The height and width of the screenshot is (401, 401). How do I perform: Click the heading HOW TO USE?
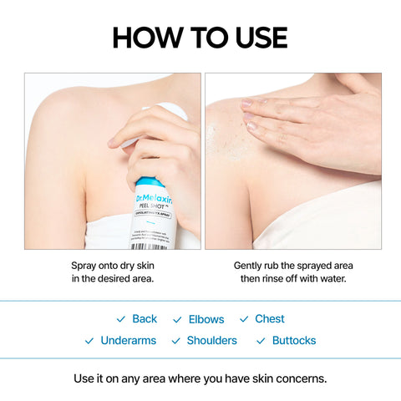click(x=200, y=38)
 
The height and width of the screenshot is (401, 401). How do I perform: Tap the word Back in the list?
click(x=145, y=319)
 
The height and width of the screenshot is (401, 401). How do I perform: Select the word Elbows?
click(x=206, y=319)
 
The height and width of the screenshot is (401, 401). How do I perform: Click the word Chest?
click(x=270, y=319)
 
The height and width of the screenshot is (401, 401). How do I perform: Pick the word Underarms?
click(x=128, y=341)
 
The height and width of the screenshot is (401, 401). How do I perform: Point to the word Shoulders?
click(x=212, y=341)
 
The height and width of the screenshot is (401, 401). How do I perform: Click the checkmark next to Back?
click(x=121, y=320)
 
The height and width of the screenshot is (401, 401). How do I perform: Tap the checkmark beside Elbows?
click(x=177, y=320)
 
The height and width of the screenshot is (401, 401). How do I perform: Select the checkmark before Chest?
click(x=244, y=320)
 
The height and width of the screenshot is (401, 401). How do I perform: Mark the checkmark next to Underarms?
click(x=89, y=342)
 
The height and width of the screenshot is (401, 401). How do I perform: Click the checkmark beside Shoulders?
click(x=176, y=342)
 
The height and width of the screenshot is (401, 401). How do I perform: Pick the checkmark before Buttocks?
click(x=261, y=342)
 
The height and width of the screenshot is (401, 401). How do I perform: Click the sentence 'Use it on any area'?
click(x=200, y=378)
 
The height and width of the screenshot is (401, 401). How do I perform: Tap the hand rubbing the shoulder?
click(x=309, y=121)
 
